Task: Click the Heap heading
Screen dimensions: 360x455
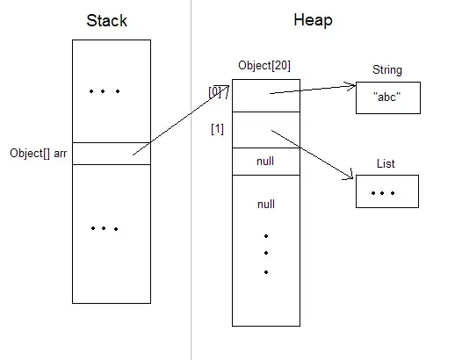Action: (x=314, y=20)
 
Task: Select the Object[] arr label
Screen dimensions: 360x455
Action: (x=38, y=153)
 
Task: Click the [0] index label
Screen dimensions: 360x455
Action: (x=214, y=91)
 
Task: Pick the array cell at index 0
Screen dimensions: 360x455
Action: (x=266, y=96)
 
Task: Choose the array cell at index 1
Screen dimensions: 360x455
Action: (x=266, y=130)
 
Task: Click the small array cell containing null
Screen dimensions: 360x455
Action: (x=266, y=162)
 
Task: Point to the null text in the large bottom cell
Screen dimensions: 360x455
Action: (x=266, y=204)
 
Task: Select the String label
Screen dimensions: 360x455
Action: (x=387, y=69)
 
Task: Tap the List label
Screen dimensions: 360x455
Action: (x=386, y=162)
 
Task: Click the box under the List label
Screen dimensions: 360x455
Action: (x=386, y=191)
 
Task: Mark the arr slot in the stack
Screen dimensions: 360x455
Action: (x=111, y=153)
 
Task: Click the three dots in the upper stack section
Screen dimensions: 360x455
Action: (x=105, y=91)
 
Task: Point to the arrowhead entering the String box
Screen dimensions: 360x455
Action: (x=351, y=87)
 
